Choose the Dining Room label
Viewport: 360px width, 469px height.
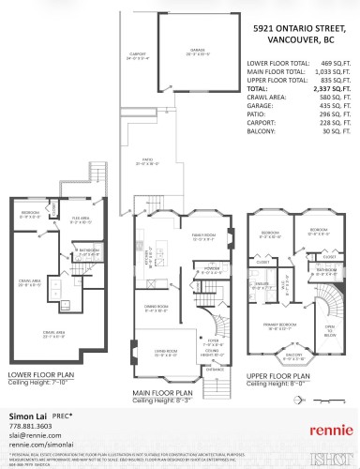(157, 310)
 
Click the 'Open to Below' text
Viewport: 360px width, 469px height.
(329, 329)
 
